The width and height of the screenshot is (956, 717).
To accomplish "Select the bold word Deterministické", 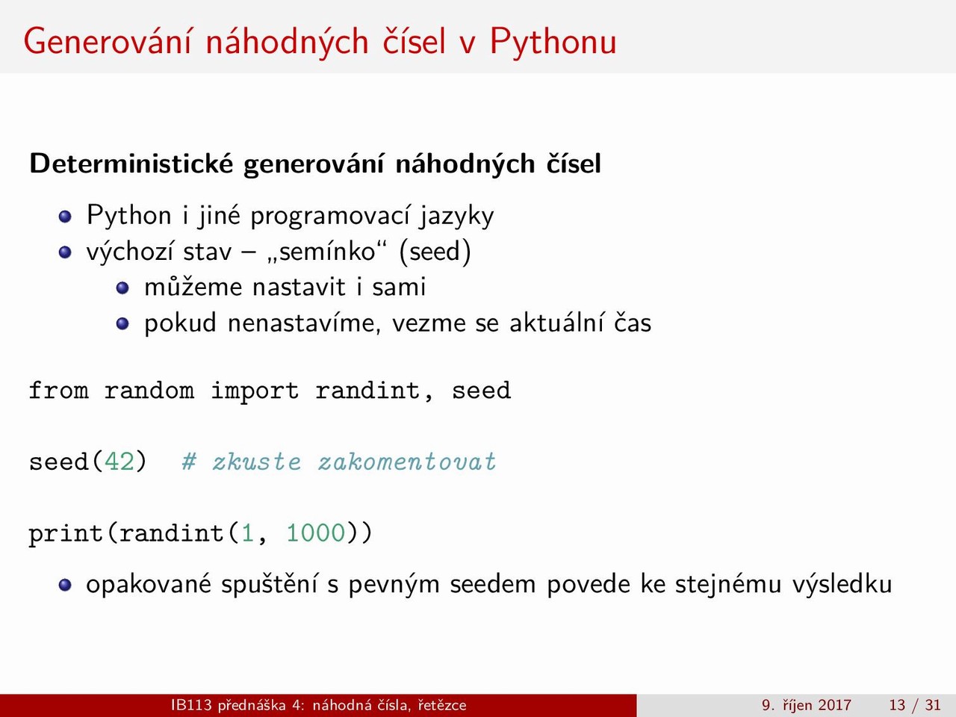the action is pos(131,164).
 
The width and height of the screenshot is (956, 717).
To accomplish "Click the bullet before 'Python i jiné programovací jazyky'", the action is pos(65,217).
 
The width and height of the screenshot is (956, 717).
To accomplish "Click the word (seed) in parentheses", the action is pos(435,252).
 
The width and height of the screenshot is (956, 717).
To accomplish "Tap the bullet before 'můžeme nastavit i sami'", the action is pos(122,288).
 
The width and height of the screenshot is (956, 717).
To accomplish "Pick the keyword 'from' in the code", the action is pos(58,390).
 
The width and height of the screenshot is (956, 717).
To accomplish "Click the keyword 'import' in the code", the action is pos(255,391).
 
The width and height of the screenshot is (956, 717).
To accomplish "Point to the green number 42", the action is pos(119,461).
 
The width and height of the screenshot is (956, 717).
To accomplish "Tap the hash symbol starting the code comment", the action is pos(189,462).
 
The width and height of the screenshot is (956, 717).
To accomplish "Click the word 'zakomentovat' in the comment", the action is pos(407,462).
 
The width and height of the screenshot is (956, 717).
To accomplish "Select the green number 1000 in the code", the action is pos(316,533).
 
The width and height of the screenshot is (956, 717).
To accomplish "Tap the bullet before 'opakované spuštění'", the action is pos(65,585).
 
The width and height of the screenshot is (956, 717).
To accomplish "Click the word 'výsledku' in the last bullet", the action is pos(842,585).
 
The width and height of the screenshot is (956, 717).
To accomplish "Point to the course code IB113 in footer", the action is pos(191,705).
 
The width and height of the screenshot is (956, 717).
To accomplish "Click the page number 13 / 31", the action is pos(915,705).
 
